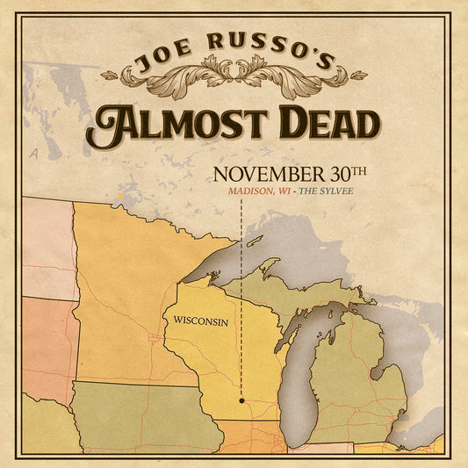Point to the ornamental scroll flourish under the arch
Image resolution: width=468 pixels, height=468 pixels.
[x=233, y=77]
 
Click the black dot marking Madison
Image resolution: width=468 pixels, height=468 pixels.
[x=241, y=400]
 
